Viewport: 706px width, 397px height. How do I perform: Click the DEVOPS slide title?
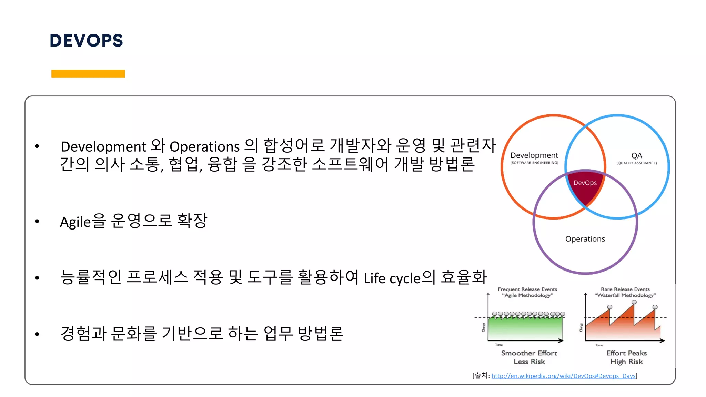click(x=86, y=41)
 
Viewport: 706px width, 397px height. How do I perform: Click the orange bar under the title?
click(x=88, y=73)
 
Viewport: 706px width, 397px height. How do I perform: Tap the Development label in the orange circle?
click(x=534, y=155)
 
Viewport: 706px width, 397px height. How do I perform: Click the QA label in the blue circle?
click(x=636, y=156)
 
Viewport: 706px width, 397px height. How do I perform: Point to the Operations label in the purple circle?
click(x=585, y=239)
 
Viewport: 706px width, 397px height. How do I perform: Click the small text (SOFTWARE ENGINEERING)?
click(x=534, y=163)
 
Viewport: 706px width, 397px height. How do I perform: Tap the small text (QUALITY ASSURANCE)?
click(x=636, y=163)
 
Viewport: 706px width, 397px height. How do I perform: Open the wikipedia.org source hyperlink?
click(x=563, y=376)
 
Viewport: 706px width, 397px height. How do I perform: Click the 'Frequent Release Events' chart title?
click(x=527, y=289)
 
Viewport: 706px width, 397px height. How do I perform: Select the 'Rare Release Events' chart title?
click(x=625, y=289)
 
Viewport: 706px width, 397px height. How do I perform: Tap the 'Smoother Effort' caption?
click(x=529, y=353)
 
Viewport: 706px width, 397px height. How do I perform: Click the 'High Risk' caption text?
click(x=626, y=362)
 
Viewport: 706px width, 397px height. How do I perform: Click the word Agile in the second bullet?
click(x=75, y=222)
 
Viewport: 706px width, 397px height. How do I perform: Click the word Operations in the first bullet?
click(x=204, y=147)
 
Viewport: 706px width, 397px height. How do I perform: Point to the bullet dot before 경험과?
click(x=37, y=334)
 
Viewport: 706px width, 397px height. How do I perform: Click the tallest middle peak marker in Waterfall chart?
click(x=634, y=302)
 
